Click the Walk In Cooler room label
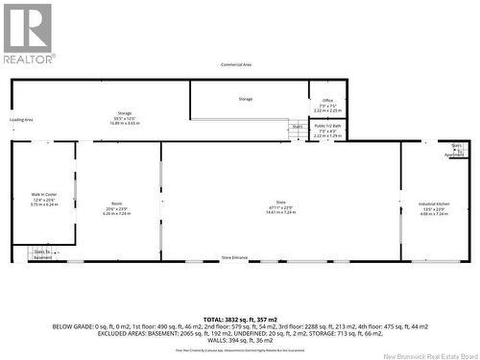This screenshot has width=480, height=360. coord(44,199)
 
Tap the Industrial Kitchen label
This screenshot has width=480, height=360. coord(434,204)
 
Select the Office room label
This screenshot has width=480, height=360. coord(327,101)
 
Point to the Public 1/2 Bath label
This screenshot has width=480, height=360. coord(327,126)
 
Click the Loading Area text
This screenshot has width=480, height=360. coord(21,120)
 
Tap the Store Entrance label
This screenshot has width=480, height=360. coord(234,258)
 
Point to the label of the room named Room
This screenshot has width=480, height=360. coord(116,204)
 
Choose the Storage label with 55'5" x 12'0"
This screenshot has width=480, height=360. coord(125,113)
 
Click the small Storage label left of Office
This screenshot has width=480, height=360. coord(245,99)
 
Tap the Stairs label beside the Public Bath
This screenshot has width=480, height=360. coord(298,126)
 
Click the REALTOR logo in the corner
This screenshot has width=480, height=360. coord(28,33)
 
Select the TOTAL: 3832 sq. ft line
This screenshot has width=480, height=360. coord(240,318)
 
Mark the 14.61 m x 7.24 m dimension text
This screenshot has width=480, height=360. coord(281,213)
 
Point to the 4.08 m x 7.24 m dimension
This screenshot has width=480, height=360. coord(434,214)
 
